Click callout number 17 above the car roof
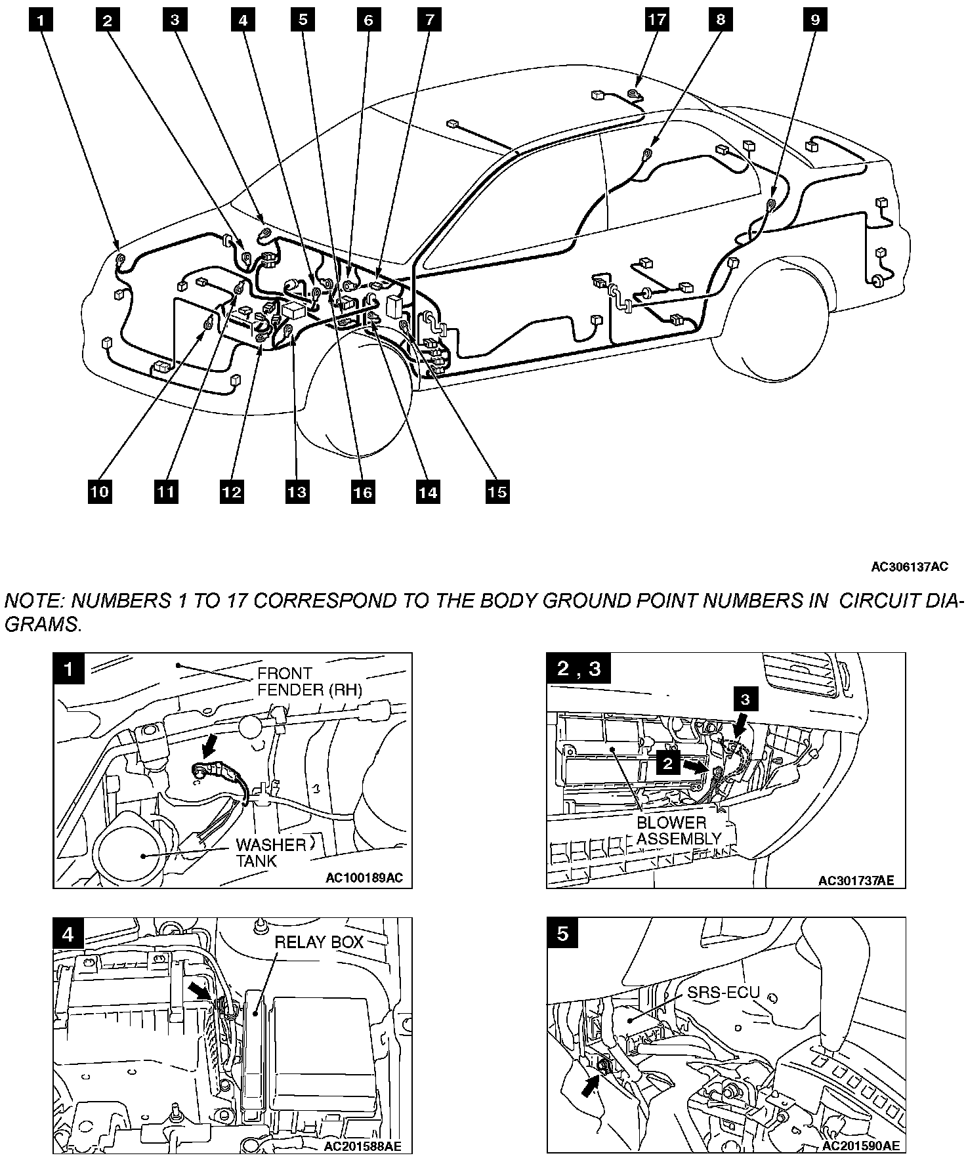point(657,20)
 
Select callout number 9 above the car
point(815,20)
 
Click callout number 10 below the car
point(100,491)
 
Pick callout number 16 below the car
point(363,491)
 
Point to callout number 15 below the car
point(497,491)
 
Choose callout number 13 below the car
point(297,491)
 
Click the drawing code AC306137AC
point(910,567)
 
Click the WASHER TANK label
point(270,852)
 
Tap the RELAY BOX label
point(319,942)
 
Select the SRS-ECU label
point(723,992)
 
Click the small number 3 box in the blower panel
point(745,699)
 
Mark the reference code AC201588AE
point(363,1147)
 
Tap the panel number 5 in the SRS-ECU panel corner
point(562,933)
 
